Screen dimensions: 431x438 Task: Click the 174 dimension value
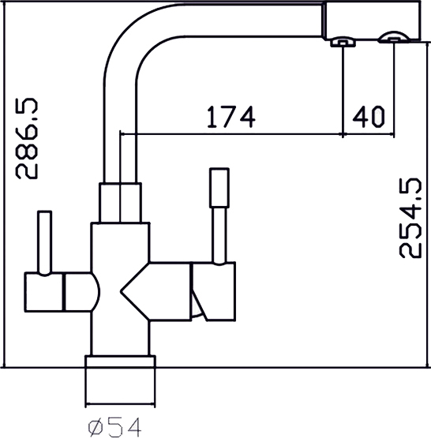point(230,117)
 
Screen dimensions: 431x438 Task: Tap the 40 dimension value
point(369,116)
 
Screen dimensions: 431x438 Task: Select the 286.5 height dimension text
point(26,138)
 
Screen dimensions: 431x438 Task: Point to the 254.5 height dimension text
point(410,218)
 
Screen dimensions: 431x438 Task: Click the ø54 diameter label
point(114,426)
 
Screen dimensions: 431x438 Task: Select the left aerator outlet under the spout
point(343,42)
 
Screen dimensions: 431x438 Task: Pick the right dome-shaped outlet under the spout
point(394,37)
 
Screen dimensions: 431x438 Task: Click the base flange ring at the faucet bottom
point(120,361)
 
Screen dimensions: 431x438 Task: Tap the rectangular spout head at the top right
point(372,21)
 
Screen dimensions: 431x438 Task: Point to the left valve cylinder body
point(62,292)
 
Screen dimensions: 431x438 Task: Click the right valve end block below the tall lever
point(213,291)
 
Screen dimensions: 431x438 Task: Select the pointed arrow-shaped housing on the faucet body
point(156,291)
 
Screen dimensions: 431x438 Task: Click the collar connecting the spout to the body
point(121,203)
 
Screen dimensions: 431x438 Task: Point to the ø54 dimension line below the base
point(120,403)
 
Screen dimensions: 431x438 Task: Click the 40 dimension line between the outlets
point(369,134)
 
